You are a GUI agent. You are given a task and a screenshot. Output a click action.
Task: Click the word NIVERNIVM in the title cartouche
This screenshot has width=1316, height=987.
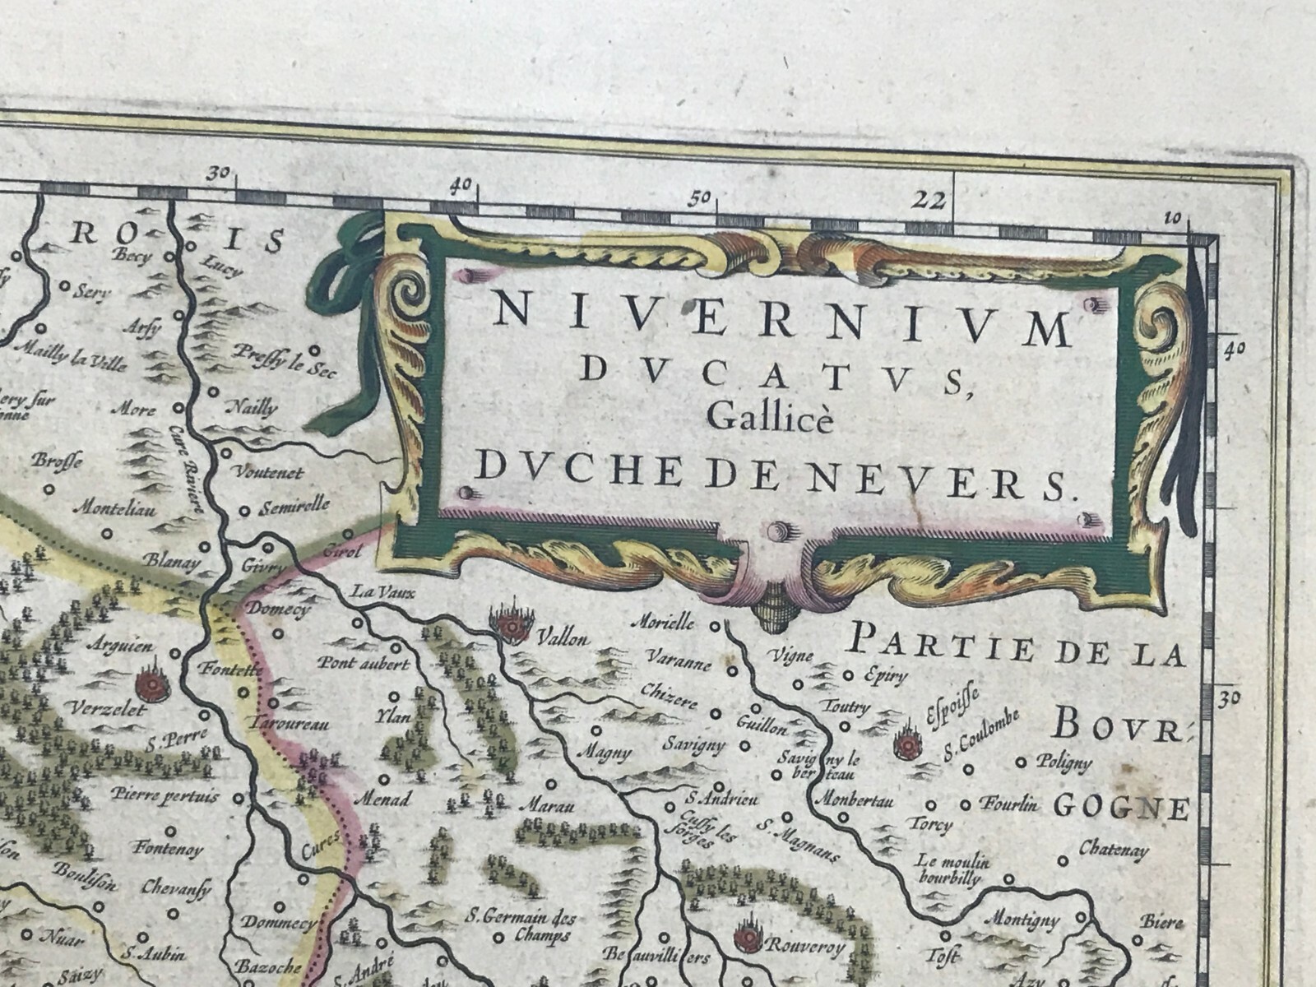(x=781, y=322)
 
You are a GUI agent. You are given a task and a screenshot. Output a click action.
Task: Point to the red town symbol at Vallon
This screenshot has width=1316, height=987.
(x=512, y=628)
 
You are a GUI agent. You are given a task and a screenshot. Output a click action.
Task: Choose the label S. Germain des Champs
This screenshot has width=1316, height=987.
(x=521, y=925)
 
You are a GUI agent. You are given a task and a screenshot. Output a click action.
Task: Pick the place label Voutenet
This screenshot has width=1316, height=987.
(x=269, y=473)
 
